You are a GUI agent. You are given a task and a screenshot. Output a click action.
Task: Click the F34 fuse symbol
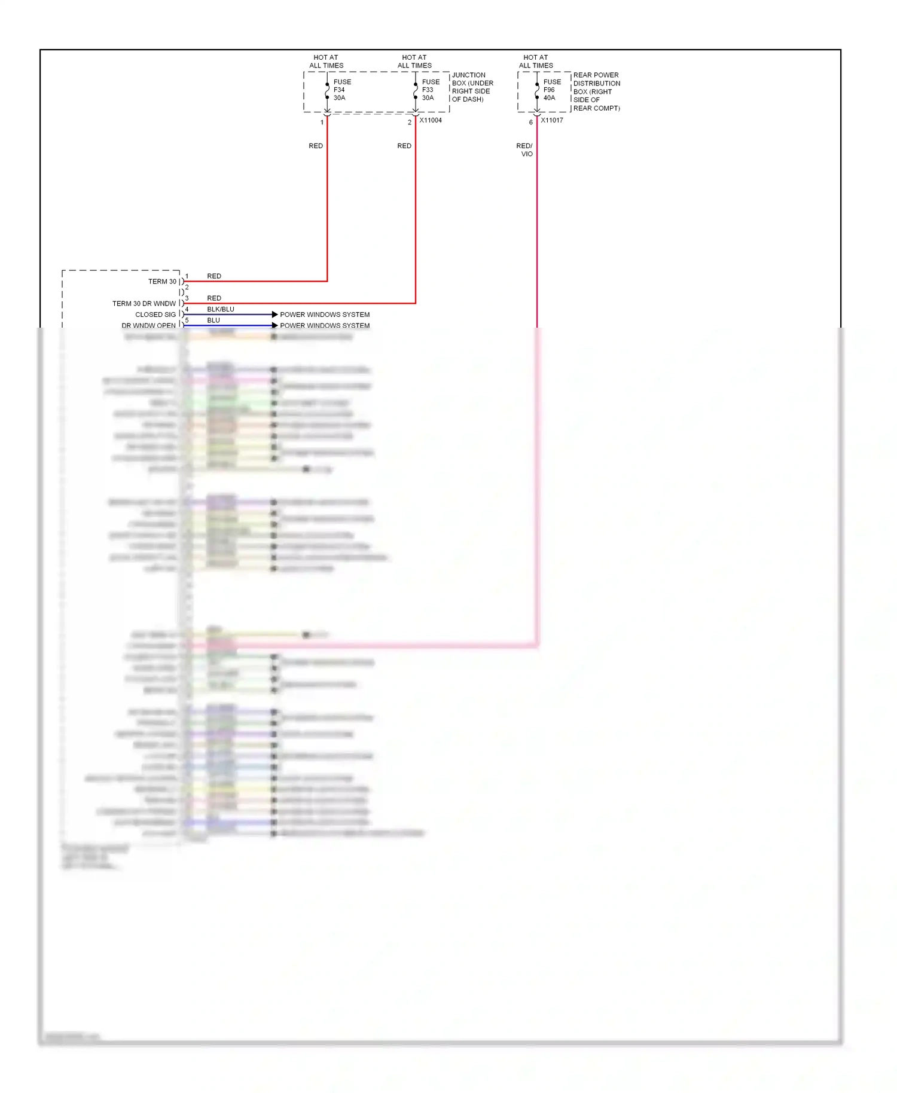327,91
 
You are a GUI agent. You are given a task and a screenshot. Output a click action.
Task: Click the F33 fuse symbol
416,91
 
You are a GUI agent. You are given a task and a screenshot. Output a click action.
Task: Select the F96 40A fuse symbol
537,91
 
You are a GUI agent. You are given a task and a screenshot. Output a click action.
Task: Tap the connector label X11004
431,120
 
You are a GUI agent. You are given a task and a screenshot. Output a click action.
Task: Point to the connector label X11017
552,120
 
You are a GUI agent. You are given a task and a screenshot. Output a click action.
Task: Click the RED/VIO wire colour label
524,149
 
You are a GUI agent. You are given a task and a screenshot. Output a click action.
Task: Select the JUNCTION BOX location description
472,87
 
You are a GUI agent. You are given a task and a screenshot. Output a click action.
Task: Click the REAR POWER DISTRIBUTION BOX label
596,91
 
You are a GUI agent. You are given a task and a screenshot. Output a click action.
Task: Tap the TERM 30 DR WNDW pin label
144,304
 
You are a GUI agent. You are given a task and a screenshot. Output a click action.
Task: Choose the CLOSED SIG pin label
155,315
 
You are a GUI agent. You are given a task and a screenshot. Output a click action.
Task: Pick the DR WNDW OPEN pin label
148,326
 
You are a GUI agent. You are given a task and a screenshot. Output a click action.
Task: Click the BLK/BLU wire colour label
221,309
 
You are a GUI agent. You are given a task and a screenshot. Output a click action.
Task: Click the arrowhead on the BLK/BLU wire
274,315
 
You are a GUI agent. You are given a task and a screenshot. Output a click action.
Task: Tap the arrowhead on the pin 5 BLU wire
274,325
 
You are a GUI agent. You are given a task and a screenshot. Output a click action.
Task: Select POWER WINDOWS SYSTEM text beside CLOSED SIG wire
325,315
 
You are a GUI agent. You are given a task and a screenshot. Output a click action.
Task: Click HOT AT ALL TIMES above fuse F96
536,62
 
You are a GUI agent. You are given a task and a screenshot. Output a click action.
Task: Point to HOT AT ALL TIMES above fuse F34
326,62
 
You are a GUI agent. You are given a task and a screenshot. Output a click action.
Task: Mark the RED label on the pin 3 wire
214,298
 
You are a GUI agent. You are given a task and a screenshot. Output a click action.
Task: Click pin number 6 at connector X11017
530,123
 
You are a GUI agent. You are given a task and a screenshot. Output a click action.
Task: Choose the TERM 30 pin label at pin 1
162,282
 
